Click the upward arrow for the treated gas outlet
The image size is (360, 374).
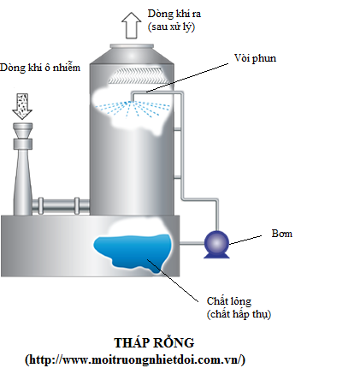pos(132,25)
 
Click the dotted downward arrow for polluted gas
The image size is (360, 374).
pos(22,106)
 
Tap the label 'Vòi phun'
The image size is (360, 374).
pos(255,58)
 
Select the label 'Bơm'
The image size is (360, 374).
pos(282,234)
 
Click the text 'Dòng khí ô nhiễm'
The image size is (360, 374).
pos(40,68)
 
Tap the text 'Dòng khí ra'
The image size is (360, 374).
pos(174,14)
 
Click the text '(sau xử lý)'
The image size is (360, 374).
pos(171,27)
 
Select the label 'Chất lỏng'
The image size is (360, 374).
pos(229,301)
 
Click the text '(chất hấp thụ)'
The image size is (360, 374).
pos(239,314)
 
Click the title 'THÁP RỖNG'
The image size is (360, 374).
pos(154,342)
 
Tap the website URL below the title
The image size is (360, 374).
pos(135,359)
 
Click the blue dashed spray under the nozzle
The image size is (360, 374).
pos(133,110)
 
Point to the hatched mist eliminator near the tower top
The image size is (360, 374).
pos(136,75)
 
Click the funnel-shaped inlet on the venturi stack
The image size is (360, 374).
pos(23,131)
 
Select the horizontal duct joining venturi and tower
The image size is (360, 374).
pos(61,205)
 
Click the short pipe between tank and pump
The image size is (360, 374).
pos(192,244)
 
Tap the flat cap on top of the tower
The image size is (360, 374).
pos(132,46)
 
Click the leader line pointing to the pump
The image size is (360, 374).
pos(245,240)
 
